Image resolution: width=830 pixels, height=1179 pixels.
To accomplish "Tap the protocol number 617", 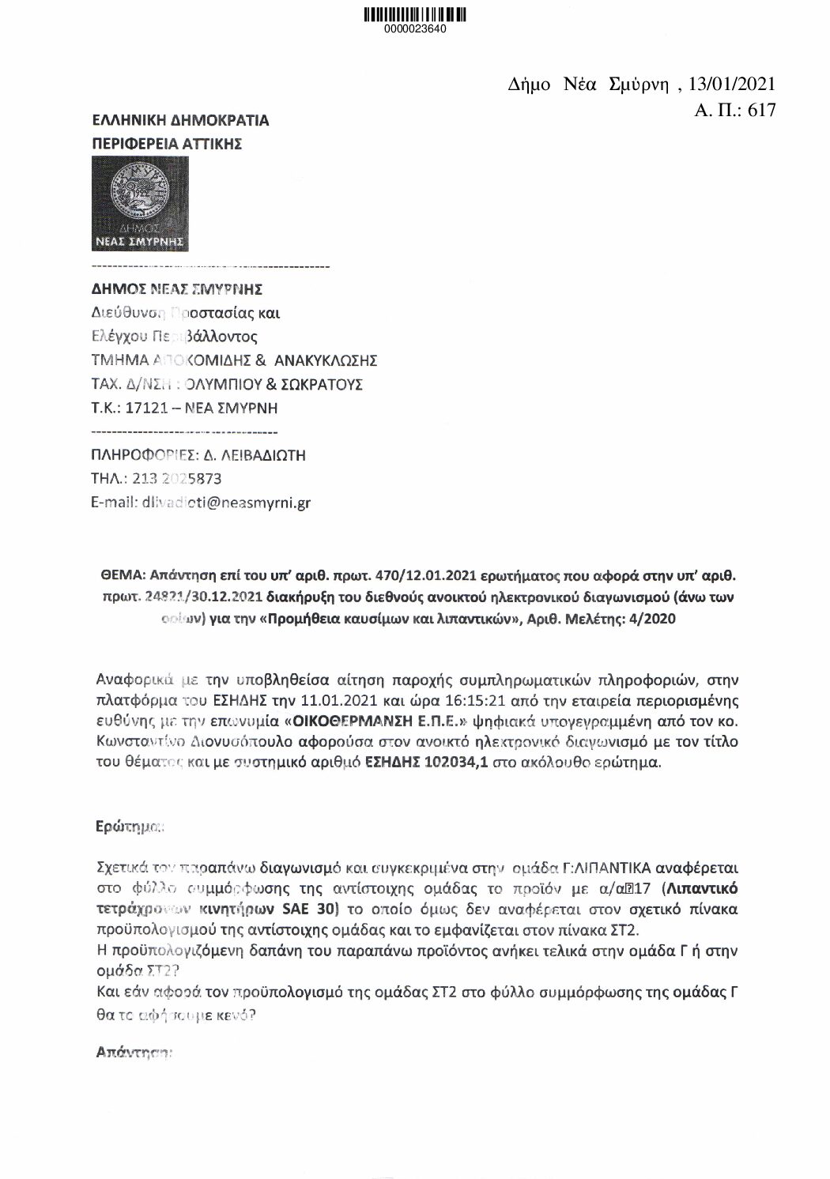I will coord(760,110).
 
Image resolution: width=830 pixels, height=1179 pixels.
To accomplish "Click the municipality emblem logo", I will coord(141,203).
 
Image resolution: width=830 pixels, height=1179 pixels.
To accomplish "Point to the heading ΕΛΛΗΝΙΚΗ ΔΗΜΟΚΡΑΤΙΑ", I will coord(180,120).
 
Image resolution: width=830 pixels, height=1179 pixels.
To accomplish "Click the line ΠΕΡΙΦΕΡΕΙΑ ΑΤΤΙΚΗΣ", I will coord(167,144).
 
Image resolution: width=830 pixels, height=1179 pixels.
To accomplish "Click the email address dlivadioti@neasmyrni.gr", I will coord(225,502).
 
